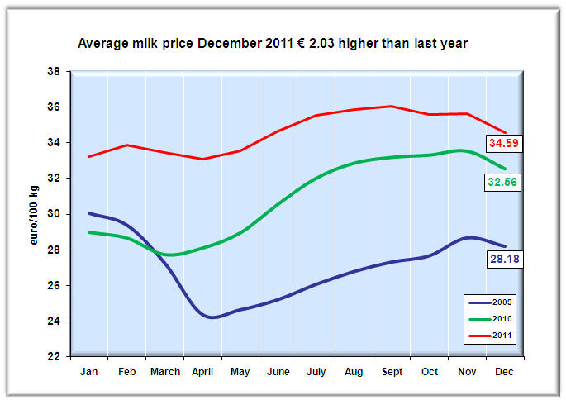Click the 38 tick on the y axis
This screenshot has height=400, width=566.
tap(57, 72)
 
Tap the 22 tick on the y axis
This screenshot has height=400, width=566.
tap(57, 356)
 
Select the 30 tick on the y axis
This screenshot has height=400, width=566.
tap(57, 214)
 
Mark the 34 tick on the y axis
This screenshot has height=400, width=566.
tap(57, 143)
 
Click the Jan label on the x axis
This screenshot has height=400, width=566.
tap(88, 373)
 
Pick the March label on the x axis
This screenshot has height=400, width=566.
tap(164, 373)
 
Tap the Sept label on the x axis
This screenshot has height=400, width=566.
tap(392, 373)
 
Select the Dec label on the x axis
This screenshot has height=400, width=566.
tap(505, 373)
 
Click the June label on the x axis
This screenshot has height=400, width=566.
tap(278, 373)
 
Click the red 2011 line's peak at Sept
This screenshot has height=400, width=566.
tap(391, 106)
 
